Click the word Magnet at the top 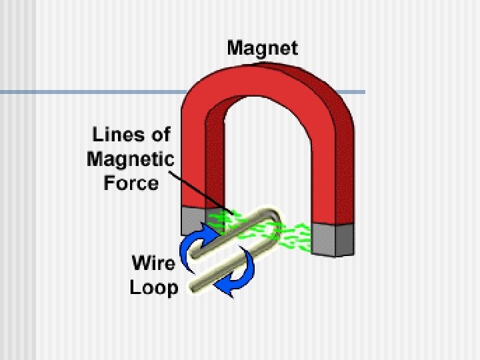click(263, 48)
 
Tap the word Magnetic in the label click(131, 159)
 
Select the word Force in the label click(131, 183)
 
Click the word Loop click(153, 287)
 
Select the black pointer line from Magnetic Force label click(200, 193)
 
